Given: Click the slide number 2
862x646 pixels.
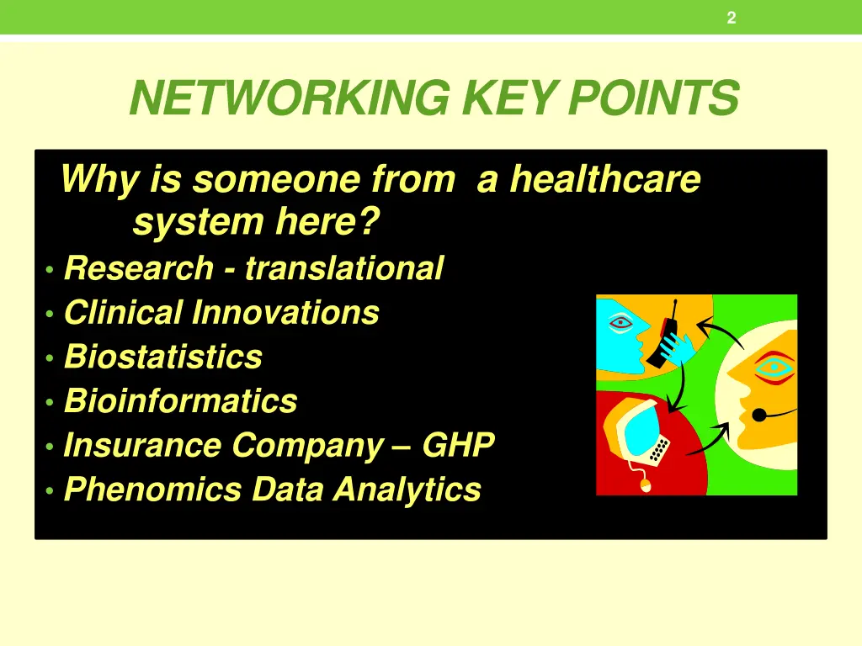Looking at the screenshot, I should [x=731, y=19].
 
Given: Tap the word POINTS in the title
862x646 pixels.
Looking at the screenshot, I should [x=652, y=98].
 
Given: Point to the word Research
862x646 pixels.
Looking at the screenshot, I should [x=139, y=268].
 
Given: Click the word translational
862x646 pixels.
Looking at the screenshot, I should [x=343, y=268].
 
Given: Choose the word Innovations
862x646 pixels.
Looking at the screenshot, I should [x=285, y=313].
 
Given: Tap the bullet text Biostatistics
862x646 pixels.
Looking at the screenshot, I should [x=163, y=357].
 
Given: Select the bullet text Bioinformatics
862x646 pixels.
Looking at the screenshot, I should [x=181, y=401].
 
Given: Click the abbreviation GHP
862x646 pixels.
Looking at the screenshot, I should [x=458, y=445].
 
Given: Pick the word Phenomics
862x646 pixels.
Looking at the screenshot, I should [x=152, y=489].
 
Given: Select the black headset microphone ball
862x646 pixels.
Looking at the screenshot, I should [x=758, y=414].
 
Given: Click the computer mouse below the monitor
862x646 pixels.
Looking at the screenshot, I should [x=646, y=485].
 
